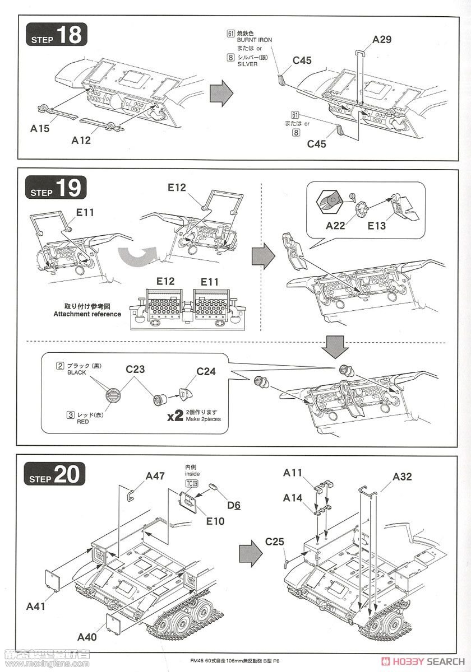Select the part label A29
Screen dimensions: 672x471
click(381, 40)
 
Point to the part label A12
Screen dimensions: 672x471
click(81, 141)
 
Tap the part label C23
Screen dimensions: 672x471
click(135, 369)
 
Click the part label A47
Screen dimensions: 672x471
click(155, 476)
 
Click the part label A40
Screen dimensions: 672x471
click(89, 637)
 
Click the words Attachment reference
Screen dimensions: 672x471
click(87, 314)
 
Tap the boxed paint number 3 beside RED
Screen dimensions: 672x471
click(70, 415)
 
